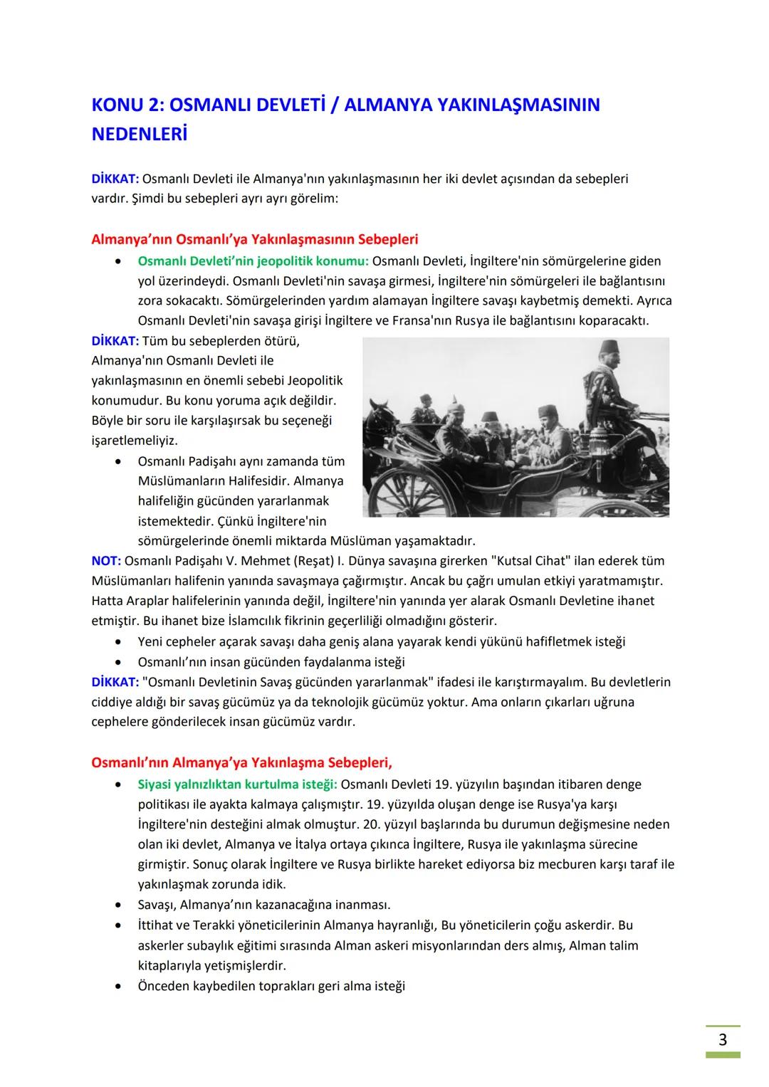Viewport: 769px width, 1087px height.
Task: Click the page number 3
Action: point(722,1039)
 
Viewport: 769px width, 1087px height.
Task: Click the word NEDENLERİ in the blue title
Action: point(140,135)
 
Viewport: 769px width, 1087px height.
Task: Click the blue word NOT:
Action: point(106,560)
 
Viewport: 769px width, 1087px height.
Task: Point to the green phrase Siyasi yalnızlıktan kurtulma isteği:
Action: point(237,784)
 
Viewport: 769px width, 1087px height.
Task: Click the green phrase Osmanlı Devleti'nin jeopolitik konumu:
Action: point(253,261)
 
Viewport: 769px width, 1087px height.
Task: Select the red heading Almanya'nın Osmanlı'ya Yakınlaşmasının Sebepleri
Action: point(255,239)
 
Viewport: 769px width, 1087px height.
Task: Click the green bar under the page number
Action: point(723,1055)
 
